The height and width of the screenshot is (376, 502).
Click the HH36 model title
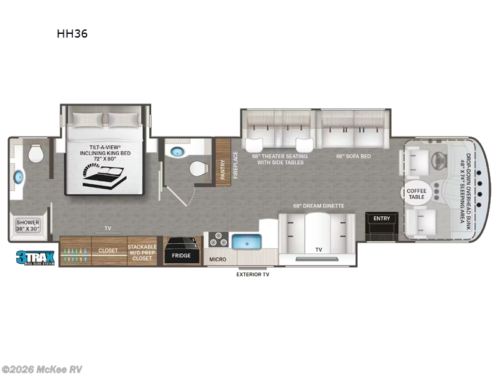click(72, 34)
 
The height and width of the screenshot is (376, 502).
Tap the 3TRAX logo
click(36, 256)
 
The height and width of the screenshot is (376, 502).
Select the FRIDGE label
click(182, 256)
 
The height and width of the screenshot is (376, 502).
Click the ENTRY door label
click(382, 219)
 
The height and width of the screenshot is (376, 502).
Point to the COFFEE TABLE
click(416, 193)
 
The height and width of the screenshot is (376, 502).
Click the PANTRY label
click(223, 164)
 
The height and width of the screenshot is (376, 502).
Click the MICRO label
click(217, 258)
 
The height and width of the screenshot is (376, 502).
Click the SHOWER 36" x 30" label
click(28, 226)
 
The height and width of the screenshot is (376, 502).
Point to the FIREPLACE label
click(236, 165)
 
